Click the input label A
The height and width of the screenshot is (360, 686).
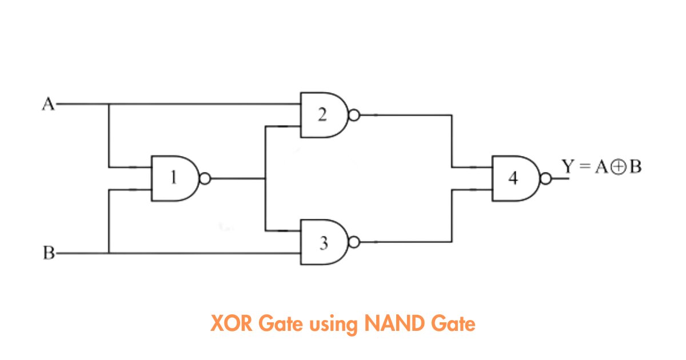[49, 104]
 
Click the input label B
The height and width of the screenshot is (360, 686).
[49, 253]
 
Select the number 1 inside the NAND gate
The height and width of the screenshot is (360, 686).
[174, 178]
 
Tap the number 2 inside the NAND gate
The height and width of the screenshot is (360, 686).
[322, 115]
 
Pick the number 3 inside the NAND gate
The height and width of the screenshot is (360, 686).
[324, 243]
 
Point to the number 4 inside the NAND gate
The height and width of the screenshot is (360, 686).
[513, 178]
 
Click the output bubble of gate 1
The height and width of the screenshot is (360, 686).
[205, 178]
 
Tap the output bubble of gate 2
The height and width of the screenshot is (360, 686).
[354, 115]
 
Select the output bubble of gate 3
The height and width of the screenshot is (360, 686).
[354, 242]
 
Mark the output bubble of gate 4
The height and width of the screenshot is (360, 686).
[545, 179]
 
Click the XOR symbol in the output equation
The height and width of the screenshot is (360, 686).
[619, 167]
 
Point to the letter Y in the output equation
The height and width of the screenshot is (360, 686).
[568, 166]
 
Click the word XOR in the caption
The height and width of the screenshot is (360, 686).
[232, 323]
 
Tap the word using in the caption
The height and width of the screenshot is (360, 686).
[333, 325]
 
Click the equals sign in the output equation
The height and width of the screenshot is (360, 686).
[585, 166]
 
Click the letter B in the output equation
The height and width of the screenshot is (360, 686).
[635, 167]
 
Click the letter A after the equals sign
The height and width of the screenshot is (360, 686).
[601, 167]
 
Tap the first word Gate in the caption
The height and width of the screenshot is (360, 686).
[281, 323]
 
